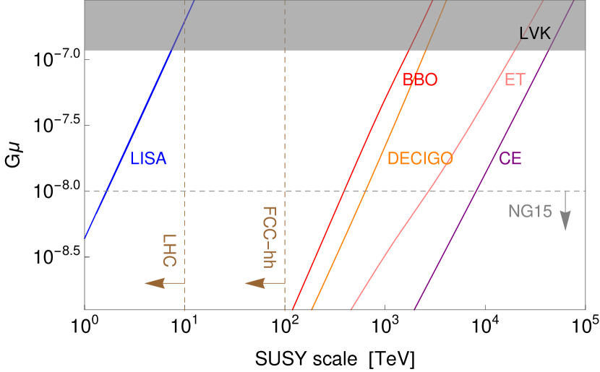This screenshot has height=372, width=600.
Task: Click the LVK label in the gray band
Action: click(x=535, y=33)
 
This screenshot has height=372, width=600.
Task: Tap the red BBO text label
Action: click(x=420, y=80)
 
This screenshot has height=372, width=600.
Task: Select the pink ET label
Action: click(x=515, y=80)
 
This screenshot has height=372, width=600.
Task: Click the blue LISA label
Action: click(x=148, y=159)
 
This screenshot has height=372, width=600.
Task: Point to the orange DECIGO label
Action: click(x=420, y=159)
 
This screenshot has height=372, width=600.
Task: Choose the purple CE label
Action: click(x=510, y=159)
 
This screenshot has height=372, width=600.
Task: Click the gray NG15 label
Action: click(x=530, y=212)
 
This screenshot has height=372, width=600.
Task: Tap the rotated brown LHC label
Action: click(x=169, y=250)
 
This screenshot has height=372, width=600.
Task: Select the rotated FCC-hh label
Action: click(x=269, y=238)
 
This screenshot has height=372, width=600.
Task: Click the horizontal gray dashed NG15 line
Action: click(x=231, y=191)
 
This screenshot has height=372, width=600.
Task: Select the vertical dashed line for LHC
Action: click(x=185, y=130)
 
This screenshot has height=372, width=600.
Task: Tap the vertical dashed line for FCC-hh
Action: click(x=285, y=130)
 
